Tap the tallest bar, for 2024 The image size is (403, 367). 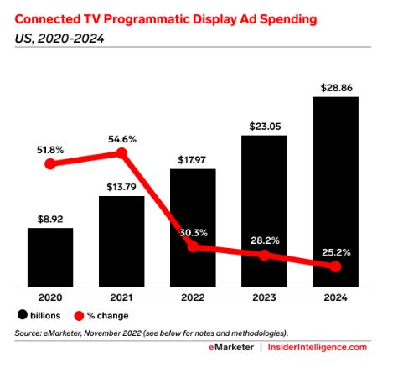point(335,192)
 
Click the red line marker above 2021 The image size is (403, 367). point(122,153)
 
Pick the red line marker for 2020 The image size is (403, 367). point(50,164)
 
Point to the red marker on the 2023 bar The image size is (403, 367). point(264,255)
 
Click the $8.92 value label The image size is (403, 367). point(49,217)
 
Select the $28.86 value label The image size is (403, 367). point(335,86)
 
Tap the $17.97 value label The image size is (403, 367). point(193,158)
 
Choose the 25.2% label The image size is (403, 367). point(335,251)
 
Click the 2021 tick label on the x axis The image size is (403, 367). point(121,297)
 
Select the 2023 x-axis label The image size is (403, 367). point(264,297)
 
